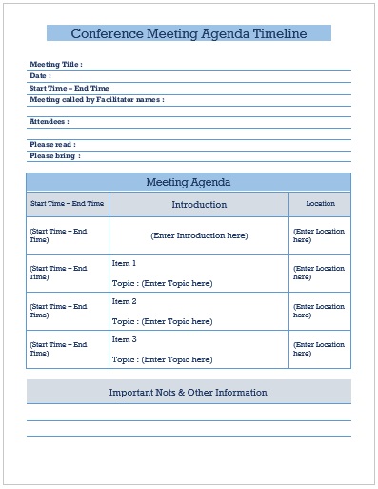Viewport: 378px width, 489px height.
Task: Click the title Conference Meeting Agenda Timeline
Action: pos(189,33)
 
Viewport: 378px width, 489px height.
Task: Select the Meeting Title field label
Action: pos(56,64)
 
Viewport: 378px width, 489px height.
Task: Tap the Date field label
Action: pos(40,75)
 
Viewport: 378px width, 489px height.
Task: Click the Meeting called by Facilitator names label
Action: pos(96,99)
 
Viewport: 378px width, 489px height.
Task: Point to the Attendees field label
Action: pos(50,121)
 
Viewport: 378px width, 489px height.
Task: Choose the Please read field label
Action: pos(52,144)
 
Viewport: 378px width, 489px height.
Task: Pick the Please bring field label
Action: pos(54,155)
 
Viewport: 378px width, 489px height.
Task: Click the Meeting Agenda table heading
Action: pos(189,182)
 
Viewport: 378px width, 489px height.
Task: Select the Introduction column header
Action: pos(199,205)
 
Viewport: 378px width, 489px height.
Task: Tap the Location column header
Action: pos(320,204)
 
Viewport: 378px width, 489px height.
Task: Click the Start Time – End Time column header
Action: pos(67,204)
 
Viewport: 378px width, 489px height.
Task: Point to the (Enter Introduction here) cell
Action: pos(199,235)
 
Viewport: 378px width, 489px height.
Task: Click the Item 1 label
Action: pos(125,263)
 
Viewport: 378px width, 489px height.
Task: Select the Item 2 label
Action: pos(125,301)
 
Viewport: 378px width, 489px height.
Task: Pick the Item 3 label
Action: pos(125,339)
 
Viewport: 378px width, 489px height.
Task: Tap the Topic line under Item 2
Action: pos(162,321)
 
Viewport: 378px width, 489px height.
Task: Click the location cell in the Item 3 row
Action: pos(319,349)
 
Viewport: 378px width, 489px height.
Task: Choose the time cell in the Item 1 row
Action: pos(58,273)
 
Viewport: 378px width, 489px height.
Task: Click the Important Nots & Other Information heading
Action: pos(189,392)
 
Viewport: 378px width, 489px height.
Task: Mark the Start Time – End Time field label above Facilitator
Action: pos(69,88)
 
